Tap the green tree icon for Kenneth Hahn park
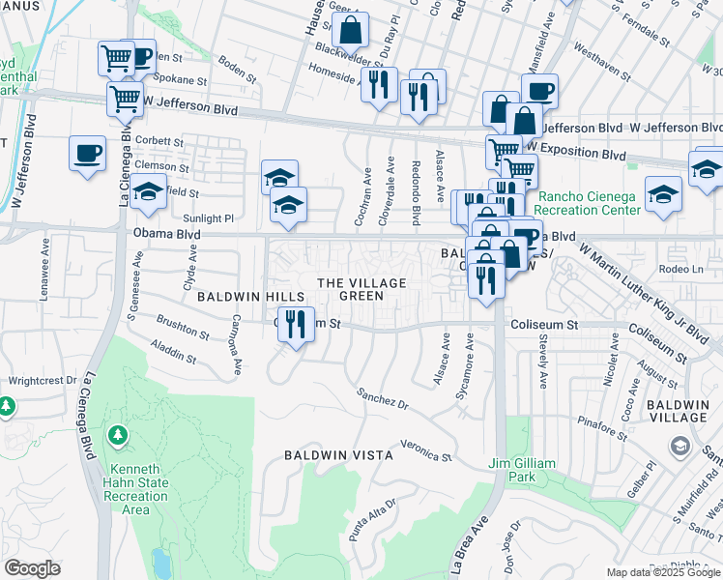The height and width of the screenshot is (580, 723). [x=119, y=436]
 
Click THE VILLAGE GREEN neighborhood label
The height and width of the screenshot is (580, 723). [x=361, y=289]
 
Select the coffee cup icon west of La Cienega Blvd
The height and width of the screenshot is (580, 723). [x=87, y=153]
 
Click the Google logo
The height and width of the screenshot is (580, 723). [x=32, y=568]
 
